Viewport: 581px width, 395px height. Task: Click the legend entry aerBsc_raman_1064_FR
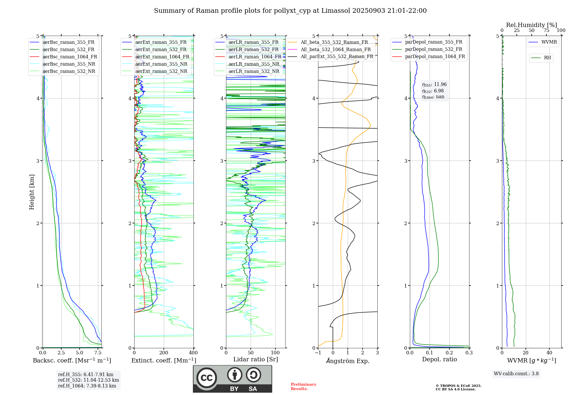[x=70, y=57]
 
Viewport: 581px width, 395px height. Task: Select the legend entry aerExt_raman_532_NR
[x=161, y=71]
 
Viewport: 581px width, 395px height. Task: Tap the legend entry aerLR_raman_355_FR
[x=253, y=42]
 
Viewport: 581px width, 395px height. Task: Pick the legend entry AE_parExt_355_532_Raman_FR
[x=337, y=57]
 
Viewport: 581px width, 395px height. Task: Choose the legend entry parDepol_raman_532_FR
[x=433, y=49]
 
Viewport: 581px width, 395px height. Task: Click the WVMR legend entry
[x=549, y=42]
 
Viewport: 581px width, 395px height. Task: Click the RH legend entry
[x=547, y=58]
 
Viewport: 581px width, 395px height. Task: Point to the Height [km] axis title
[x=32, y=192]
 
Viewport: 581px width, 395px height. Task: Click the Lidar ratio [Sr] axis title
[x=256, y=359]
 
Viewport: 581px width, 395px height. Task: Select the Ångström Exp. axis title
[x=348, y=361]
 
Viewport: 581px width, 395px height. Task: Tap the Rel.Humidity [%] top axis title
[x=531, y=25]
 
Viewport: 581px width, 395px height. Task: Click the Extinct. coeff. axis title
[x=164, y=360]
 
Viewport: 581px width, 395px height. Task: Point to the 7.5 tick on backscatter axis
[x=98, y=353]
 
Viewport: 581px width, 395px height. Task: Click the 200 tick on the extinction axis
[x=164, y=353]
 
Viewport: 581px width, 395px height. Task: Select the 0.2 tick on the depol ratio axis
[x=449, y=353]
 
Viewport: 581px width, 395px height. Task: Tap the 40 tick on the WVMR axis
[x=549, y=353]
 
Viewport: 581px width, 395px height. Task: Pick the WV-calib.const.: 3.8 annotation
[x=516, y=374]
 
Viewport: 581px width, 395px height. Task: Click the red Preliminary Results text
[x=303, y=387]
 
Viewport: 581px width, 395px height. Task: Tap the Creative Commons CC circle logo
[x=207, y=378]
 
